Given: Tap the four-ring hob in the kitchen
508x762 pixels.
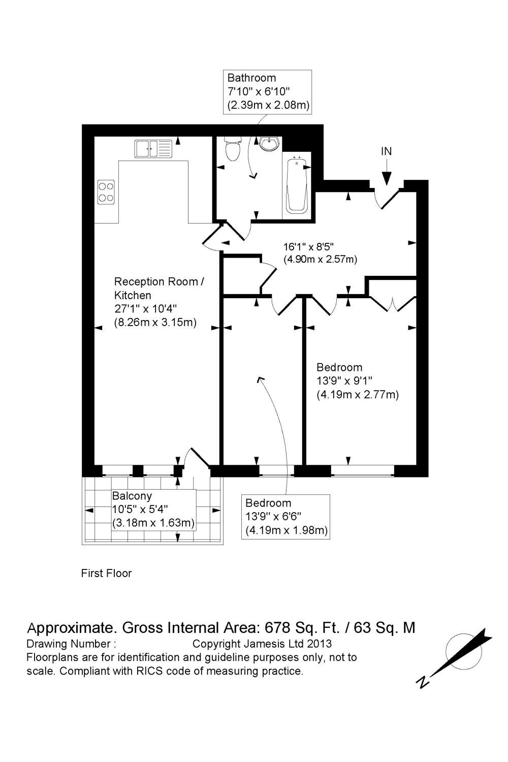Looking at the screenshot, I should (x=106, y=192).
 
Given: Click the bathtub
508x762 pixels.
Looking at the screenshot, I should (x=297, y=185).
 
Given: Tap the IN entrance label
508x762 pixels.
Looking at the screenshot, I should (x=387, y=151).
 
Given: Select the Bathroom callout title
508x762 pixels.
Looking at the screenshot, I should (x=251, y=78).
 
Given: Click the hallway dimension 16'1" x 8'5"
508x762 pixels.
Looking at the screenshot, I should (x=308, y=247).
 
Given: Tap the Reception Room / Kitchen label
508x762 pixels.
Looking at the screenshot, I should (x=158, y=288).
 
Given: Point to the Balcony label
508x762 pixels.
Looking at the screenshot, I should (x=132, y=496).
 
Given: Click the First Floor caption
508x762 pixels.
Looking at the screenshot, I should (x=106, y=574).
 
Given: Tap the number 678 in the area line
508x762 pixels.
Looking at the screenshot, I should (x=277, y=628).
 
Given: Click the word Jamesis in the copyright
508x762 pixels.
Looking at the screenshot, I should (x=274, y=644).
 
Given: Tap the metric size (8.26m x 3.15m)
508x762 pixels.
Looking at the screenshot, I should (x=155, y=322).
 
